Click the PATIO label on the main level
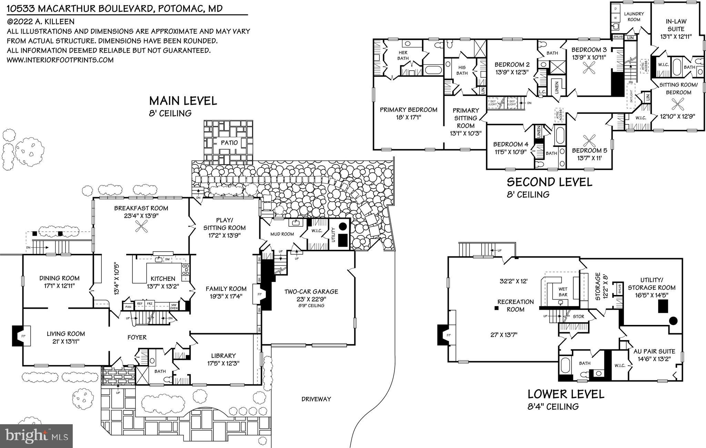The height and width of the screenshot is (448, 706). click(229, 142)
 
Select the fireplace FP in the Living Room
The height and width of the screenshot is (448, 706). click(23, 336)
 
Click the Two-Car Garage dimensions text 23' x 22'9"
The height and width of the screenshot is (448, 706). click(311, 299)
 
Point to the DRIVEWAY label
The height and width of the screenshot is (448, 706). click(316, 399)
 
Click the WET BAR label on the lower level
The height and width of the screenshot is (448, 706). click(563, 292)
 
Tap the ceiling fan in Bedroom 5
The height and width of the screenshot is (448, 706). click(589, 140)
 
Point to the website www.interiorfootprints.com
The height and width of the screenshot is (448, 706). click(60, 60)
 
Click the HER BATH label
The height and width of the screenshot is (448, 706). click(403, 55)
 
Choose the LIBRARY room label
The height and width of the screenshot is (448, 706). click(223, 356)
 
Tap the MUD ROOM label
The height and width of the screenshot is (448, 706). click(282, 234)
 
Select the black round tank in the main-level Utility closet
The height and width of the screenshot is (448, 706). click(343, 226)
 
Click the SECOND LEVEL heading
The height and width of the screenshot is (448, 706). click(549, 182)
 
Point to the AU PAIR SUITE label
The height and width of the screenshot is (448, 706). click(654, 352)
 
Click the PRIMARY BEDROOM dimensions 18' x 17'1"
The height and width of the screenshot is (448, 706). click(408, 118)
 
